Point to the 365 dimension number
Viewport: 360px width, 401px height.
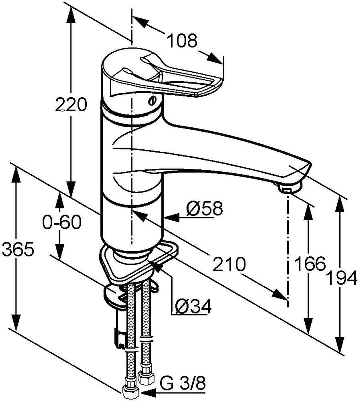[x=18, y=249]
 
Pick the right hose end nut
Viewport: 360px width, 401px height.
[x=146, y=378]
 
